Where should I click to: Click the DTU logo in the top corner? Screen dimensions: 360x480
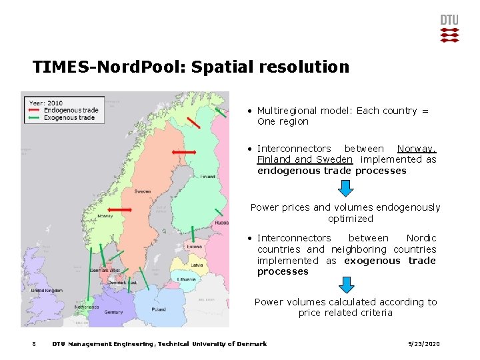click(449, 29)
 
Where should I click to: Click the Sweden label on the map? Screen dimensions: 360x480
click(142, 191)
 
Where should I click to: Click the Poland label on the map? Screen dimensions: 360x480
click(159, 310)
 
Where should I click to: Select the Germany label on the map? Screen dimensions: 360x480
click(113, 312)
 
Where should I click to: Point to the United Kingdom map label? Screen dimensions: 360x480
click(46, 291)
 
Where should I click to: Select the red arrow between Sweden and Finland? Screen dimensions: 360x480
click(183, 153)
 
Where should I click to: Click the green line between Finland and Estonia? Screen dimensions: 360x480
click(192, 233)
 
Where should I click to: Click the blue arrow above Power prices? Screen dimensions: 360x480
click(345, 189)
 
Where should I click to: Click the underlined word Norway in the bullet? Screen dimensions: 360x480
click(417, 149)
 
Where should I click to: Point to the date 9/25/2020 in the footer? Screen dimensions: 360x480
click(423, 344)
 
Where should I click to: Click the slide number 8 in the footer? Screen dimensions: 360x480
click(33, 344)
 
